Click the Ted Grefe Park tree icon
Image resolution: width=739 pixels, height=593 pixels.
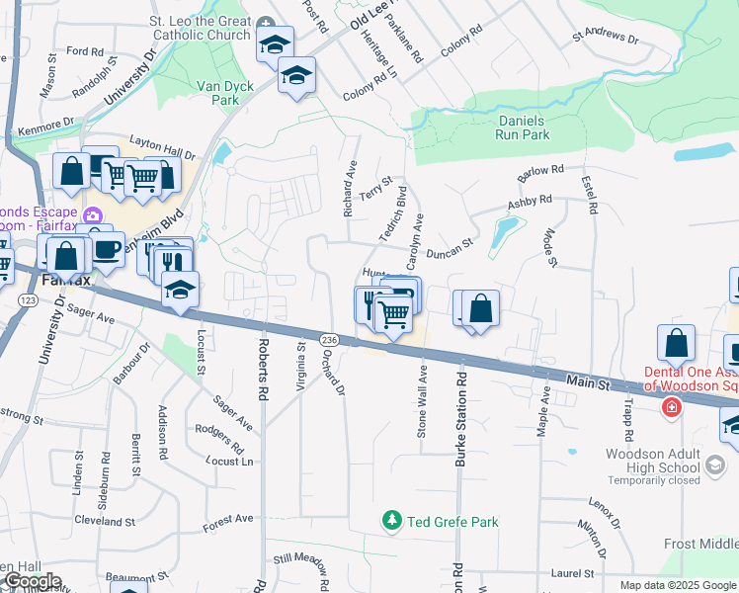392,520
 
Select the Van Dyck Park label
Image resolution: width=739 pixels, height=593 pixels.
225,93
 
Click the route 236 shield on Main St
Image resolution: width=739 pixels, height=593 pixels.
329,339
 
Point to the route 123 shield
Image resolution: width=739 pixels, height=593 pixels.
29,299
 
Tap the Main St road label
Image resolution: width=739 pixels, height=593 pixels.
589,381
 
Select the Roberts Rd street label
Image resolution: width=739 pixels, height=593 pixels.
263,368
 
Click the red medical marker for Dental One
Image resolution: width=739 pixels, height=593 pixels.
671,407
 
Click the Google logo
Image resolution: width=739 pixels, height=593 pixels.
33,582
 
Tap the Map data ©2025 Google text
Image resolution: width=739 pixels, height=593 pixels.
677,585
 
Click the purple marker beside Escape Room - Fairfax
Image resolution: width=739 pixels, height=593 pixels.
93,214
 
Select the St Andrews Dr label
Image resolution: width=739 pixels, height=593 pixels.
605,38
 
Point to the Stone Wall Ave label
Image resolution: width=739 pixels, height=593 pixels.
422,402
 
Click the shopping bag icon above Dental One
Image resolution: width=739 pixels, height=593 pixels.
676,344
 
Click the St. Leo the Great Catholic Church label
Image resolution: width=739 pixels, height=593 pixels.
200,28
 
